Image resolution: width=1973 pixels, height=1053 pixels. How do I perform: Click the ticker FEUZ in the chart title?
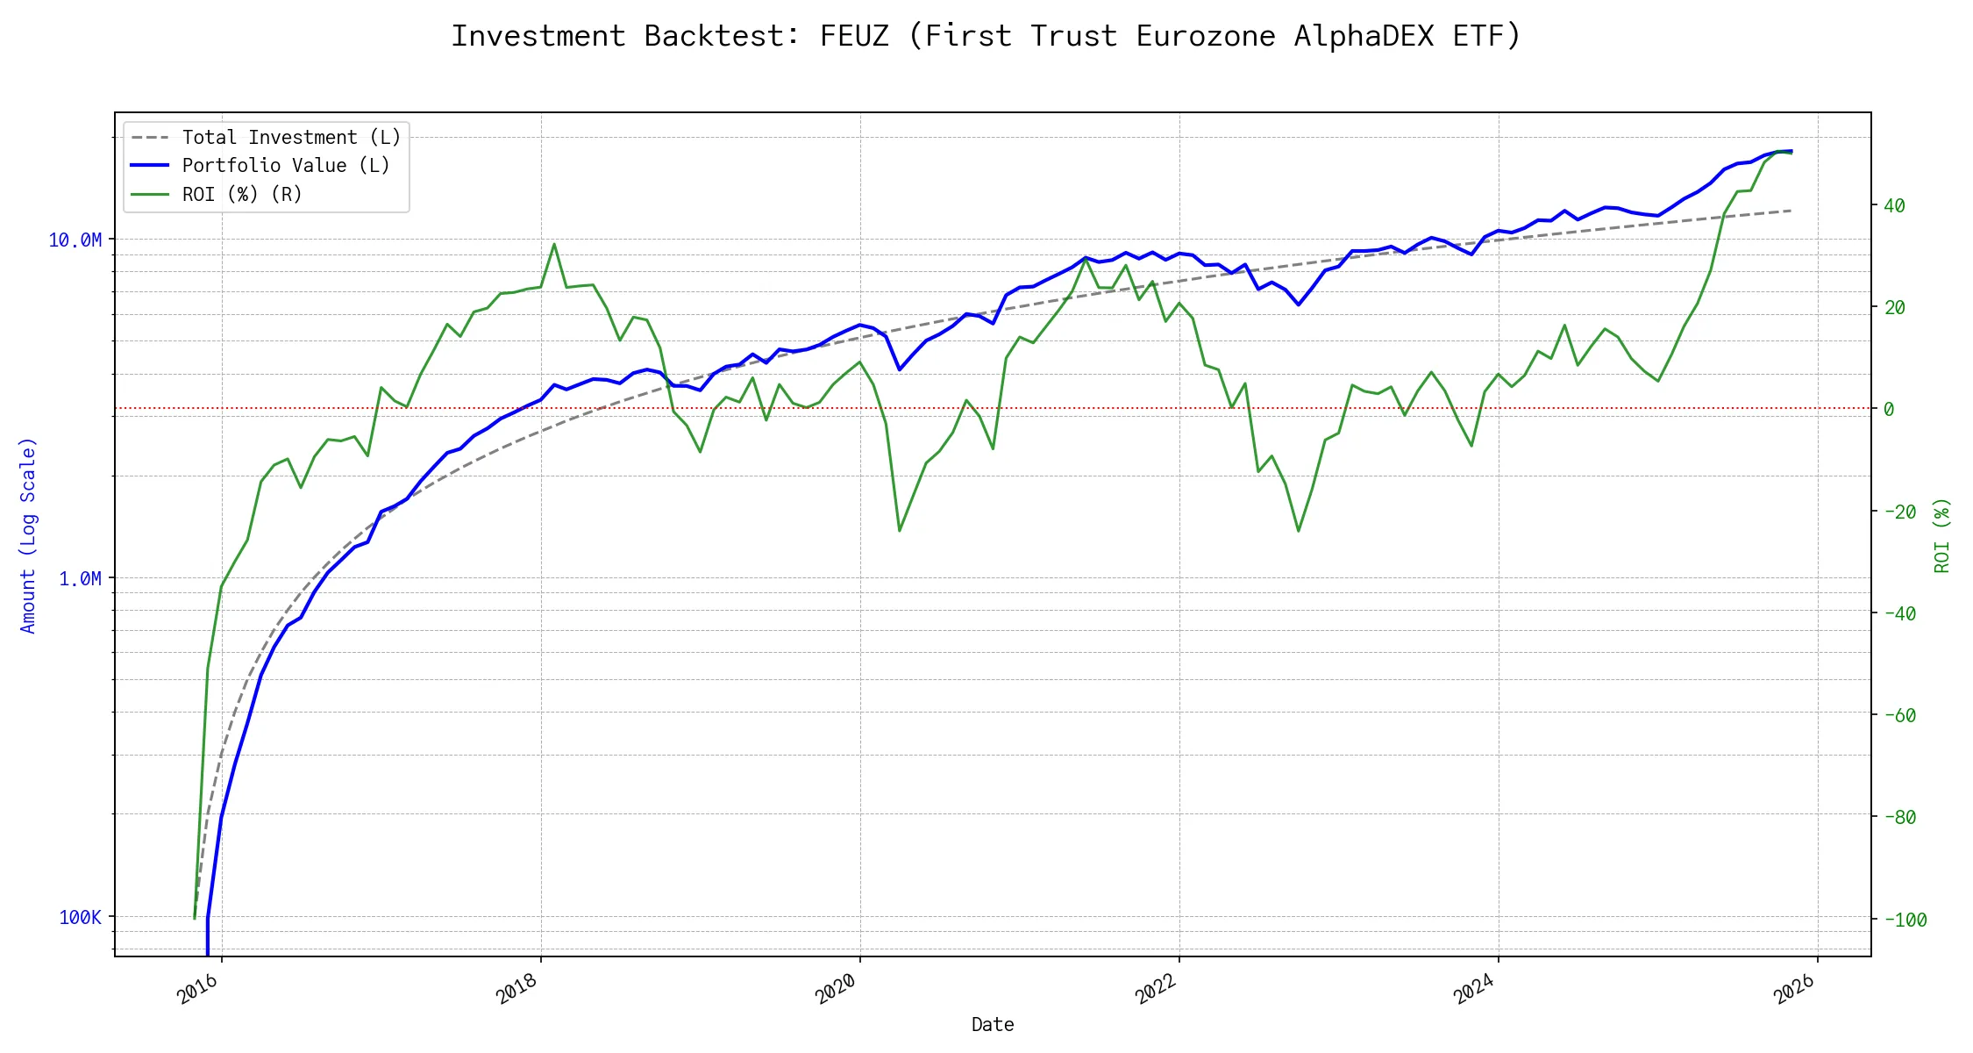[x=854, y=36]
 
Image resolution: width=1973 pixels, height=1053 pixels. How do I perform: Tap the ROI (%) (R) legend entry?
[x=242, y=194]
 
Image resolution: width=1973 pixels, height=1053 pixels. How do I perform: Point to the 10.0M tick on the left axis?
[x=75, y=240]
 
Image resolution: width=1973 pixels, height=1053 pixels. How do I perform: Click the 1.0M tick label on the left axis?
[x=80, y=578]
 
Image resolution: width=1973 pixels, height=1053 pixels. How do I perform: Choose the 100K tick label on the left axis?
[x=81, y=918]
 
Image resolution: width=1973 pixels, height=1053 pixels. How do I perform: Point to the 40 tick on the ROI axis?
[x=1894, y=206]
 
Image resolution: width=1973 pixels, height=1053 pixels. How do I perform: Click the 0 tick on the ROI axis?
[x=1889, y=409]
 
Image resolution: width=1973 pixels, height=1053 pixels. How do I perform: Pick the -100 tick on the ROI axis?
[x=1905, y=920]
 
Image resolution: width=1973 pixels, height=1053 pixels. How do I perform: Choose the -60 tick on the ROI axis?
[x=1899, y=715]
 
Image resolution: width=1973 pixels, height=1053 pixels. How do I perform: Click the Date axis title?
[x=993, y=1025]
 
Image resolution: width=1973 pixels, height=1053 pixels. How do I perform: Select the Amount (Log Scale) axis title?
[x=29, y=535]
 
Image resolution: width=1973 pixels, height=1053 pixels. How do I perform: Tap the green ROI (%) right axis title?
[x=1942, y=535]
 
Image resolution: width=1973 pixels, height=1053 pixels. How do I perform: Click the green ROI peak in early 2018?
[x=554, y=245]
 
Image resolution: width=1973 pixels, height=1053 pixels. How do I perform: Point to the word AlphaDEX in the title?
[x=1364, y=36]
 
